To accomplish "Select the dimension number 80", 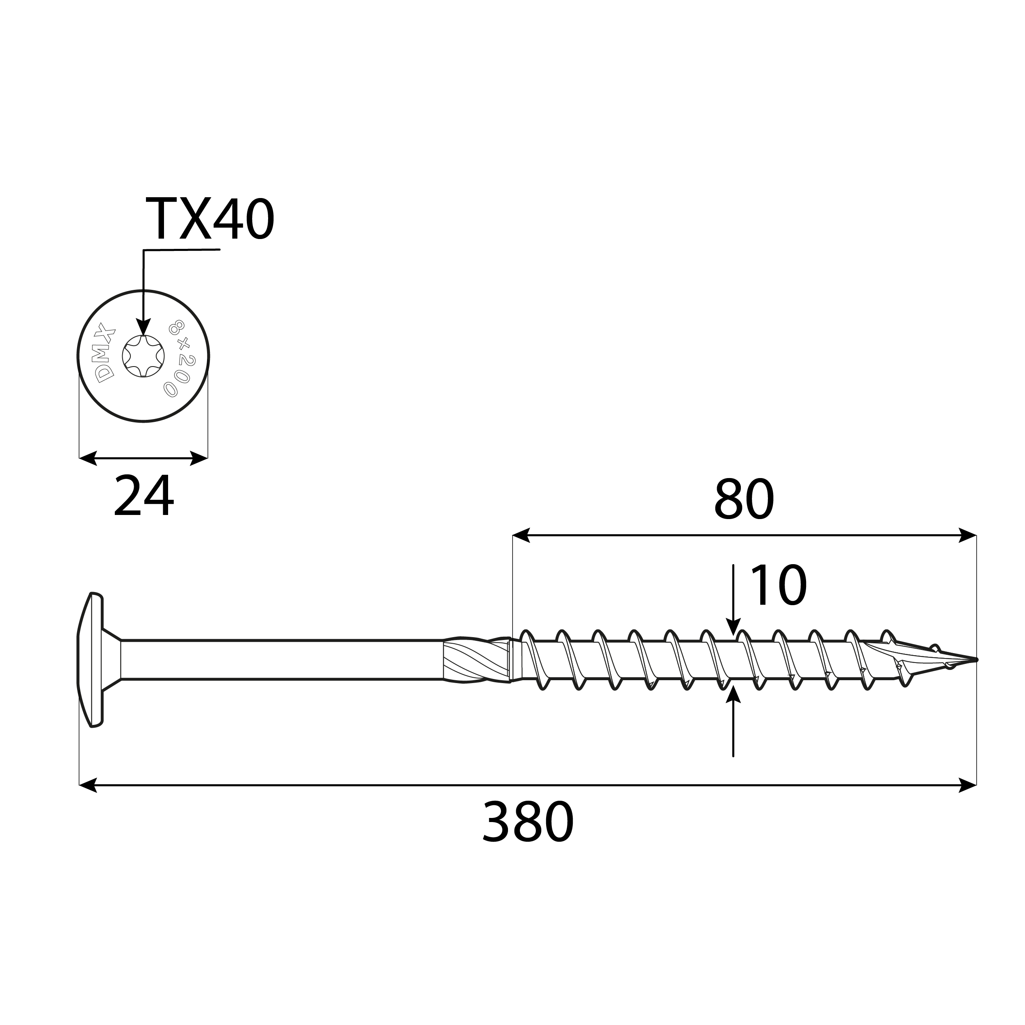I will tap(744, 500).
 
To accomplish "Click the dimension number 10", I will tap(778, 586).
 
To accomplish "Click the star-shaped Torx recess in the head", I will tap(143, 356).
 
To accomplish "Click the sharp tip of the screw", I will tap(975, 660).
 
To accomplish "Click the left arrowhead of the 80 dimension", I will tap(521, 535).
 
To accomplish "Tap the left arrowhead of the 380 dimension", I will tap(88, 785).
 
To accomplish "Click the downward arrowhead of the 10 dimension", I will tap(733, 628).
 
